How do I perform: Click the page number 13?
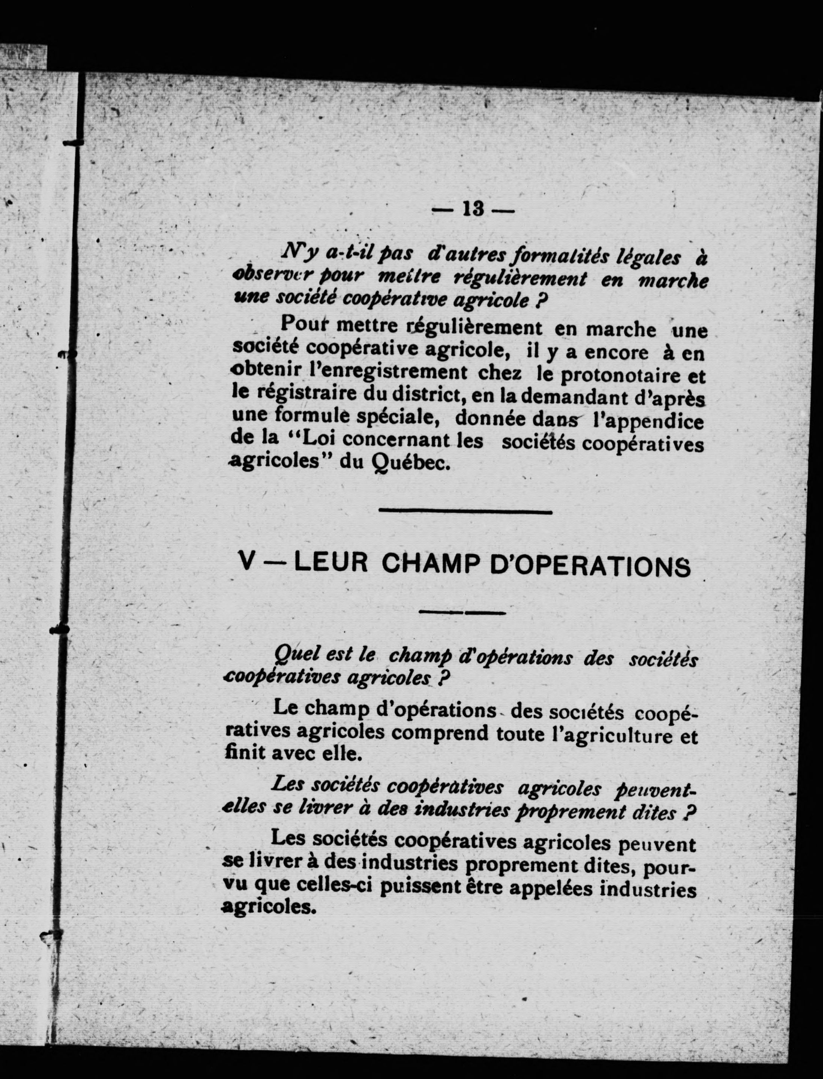click(x=472, y=210)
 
